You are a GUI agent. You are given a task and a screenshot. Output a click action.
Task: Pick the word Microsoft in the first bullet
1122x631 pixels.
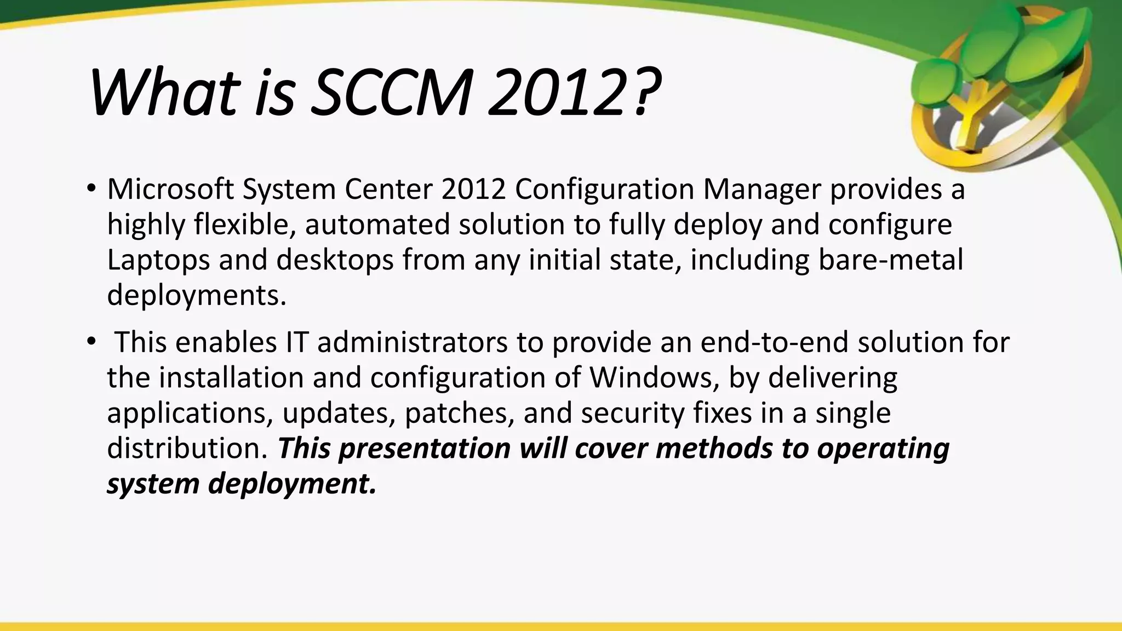click(x=170, y=190)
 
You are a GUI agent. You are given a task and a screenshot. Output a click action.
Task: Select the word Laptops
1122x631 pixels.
click(x=158, y=260)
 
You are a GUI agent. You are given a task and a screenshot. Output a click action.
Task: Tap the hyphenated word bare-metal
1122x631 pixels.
click(x=890, y=260)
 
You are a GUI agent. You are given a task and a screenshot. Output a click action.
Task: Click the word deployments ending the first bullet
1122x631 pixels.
click(x=196, y=296)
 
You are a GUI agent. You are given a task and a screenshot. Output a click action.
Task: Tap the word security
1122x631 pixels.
click(x=632, y=413)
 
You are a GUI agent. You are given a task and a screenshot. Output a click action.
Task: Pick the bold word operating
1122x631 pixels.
click(x=883, y=449)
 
